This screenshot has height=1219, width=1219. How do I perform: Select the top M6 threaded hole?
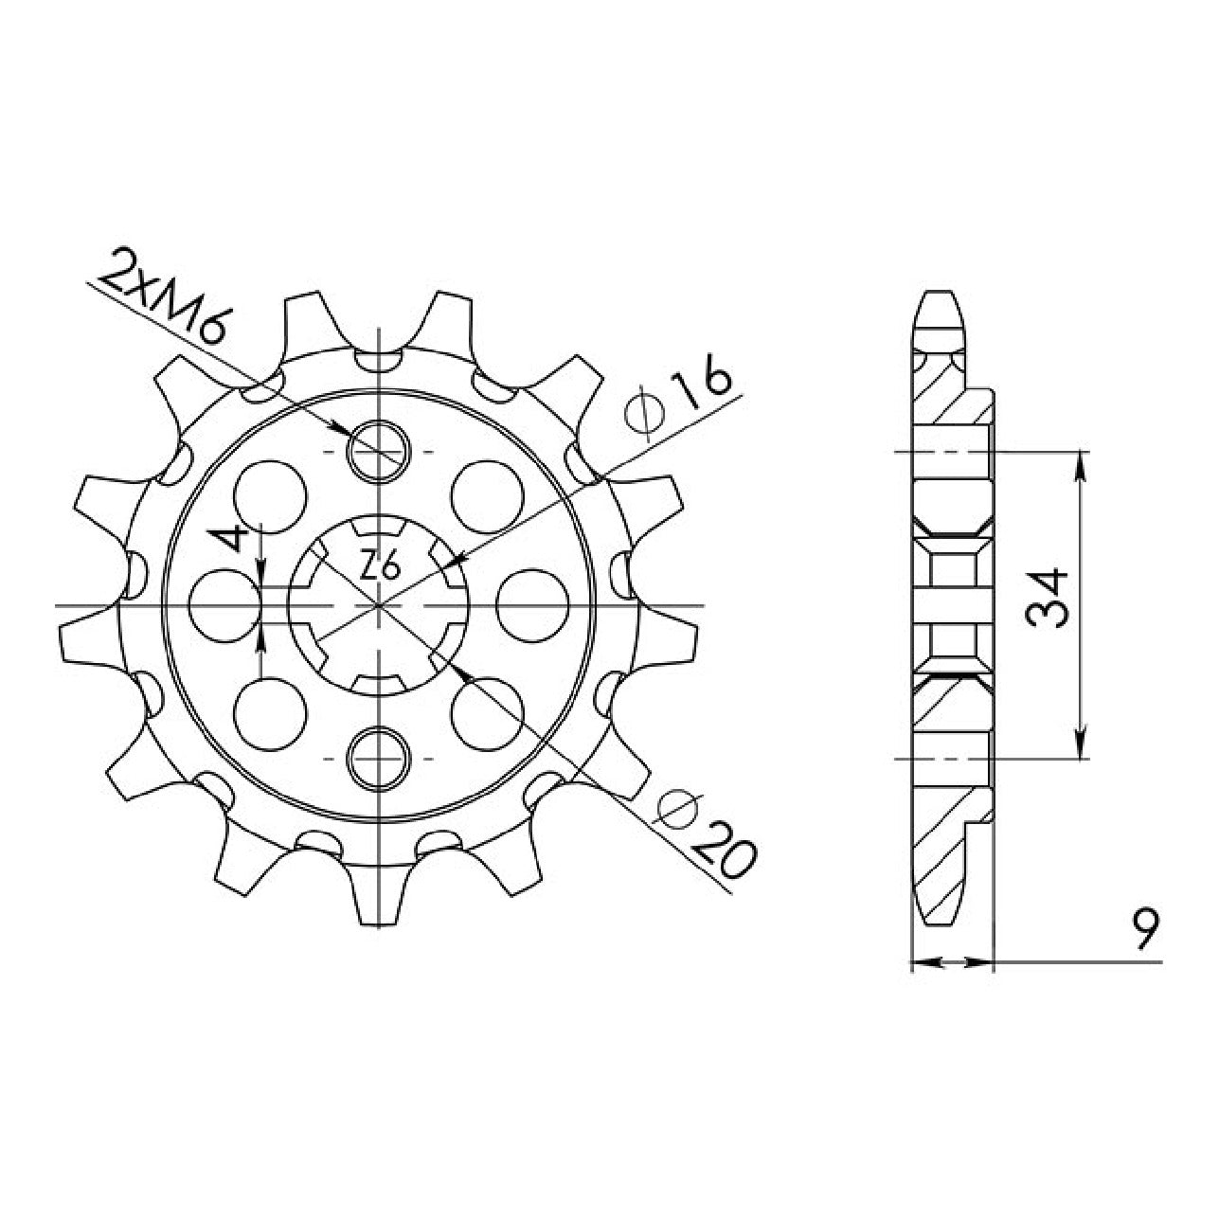[x=378, y=452]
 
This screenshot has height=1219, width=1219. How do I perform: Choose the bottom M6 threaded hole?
[x=378, y=758]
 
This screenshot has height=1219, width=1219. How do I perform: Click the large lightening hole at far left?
[x=225, y=604]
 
